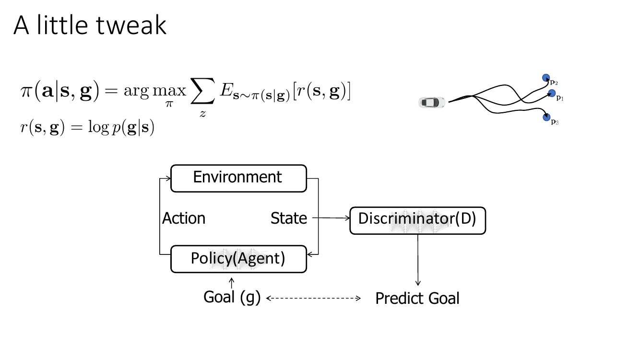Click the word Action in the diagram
click(184, 218)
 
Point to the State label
click(289, 218)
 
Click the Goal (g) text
click(232, 298)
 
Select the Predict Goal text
click(417, 299)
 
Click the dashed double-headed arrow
click(313, 298)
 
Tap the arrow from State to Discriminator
click(331, 218)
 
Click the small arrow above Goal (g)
click(232, 283)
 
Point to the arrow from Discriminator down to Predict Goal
click(418, 260)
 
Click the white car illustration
click(432, 102)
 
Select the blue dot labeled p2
click(546, 78)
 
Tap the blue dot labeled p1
click(552, 93)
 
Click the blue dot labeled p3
click(546, 117)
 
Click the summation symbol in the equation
click(202, 91)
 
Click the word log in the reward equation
click(98, 127)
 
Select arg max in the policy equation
click(155, 91)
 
